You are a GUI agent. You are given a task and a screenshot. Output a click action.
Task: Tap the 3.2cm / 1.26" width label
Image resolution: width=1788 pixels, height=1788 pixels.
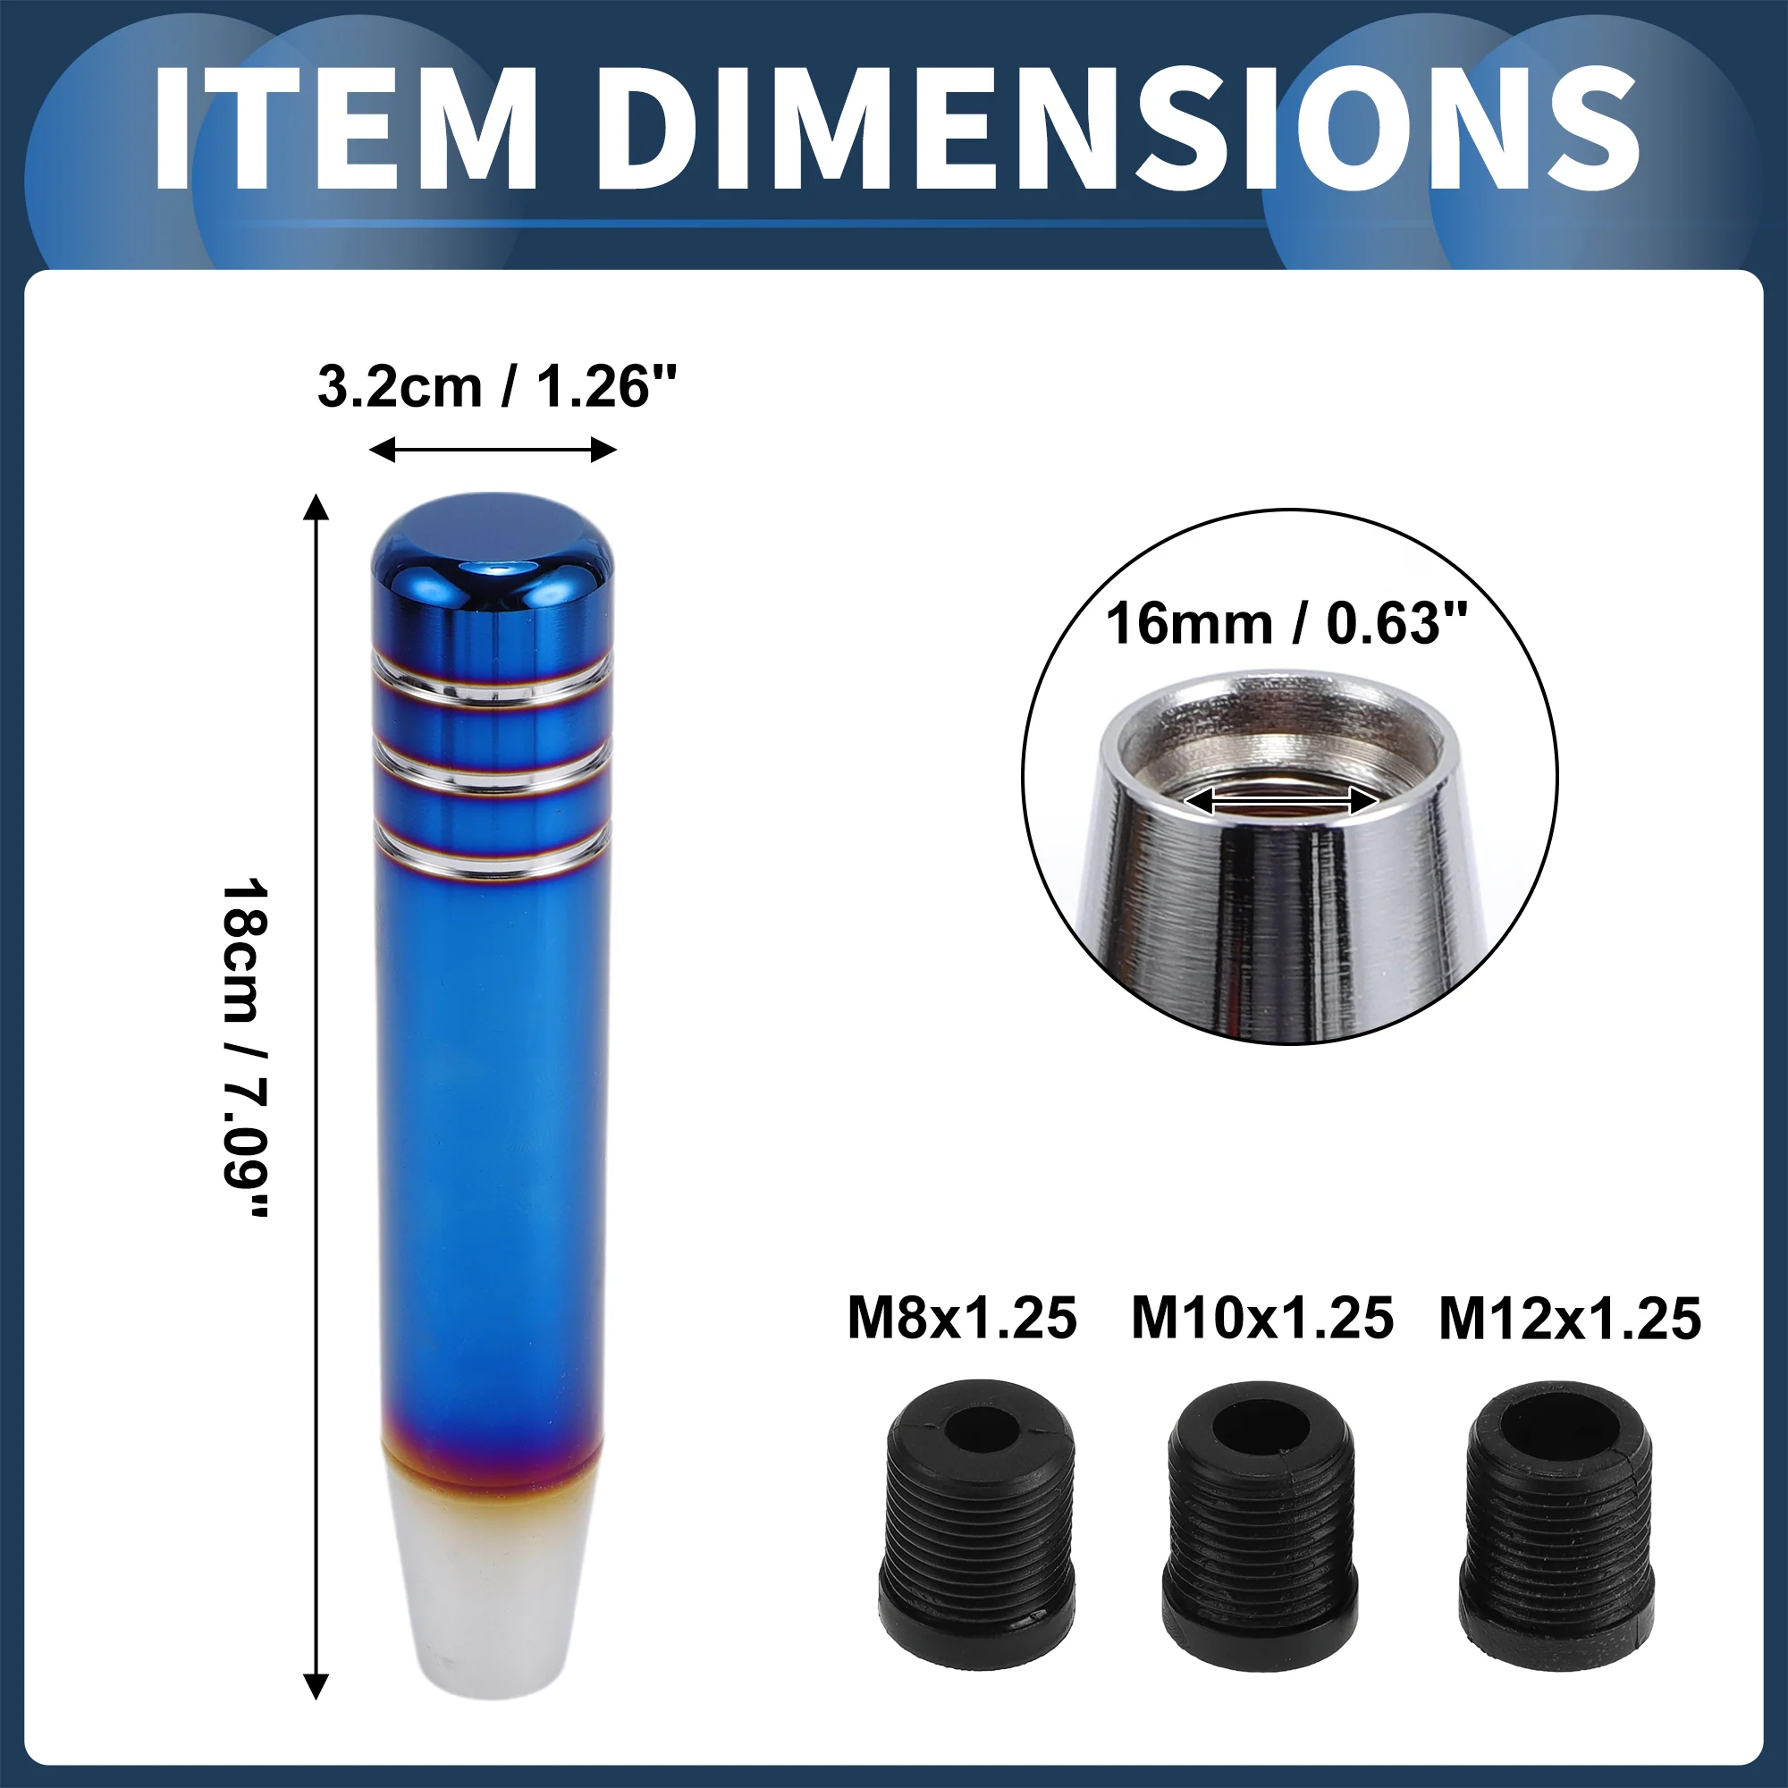497,387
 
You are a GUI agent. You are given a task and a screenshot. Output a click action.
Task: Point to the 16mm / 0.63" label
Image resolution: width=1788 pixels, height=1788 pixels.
1287,623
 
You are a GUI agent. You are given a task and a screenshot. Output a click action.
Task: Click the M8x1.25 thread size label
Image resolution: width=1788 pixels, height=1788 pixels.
963,1319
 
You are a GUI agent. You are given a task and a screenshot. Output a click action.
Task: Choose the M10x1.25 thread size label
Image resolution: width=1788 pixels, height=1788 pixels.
1262,1319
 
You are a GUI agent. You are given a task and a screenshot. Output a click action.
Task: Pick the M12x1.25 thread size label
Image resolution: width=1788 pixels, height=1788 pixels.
1570,1319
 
